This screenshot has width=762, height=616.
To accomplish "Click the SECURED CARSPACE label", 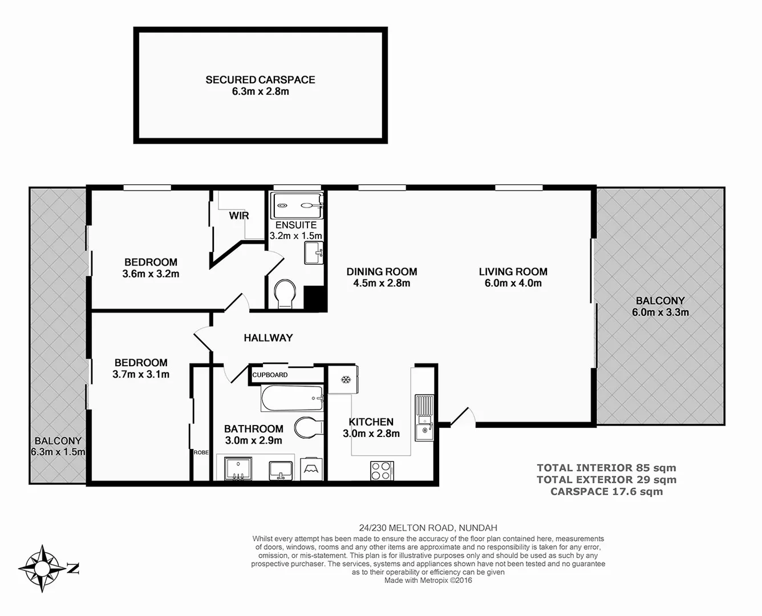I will (260, 80).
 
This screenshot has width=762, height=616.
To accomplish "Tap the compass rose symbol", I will (43, 568).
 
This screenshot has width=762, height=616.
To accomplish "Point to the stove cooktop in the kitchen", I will (381, 471).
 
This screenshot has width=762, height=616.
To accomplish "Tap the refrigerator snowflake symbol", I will (344, 380).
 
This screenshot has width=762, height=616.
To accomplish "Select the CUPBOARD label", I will (270, 375).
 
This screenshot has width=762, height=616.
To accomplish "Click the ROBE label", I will (201, 452).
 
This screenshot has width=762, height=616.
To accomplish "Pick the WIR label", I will (239, 216).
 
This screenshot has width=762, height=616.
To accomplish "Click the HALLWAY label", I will (268, 338).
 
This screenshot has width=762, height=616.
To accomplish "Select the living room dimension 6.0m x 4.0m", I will (513, 283).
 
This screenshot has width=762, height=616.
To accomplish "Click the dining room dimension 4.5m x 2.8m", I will (382, 283).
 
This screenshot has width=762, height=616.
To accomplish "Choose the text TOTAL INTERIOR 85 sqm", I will (606, 468).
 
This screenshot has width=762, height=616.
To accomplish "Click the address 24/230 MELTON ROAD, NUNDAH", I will (428, 528).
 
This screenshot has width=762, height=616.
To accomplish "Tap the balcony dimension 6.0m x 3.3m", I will (660, 312).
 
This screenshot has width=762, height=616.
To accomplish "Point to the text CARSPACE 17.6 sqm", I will (606, 492).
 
